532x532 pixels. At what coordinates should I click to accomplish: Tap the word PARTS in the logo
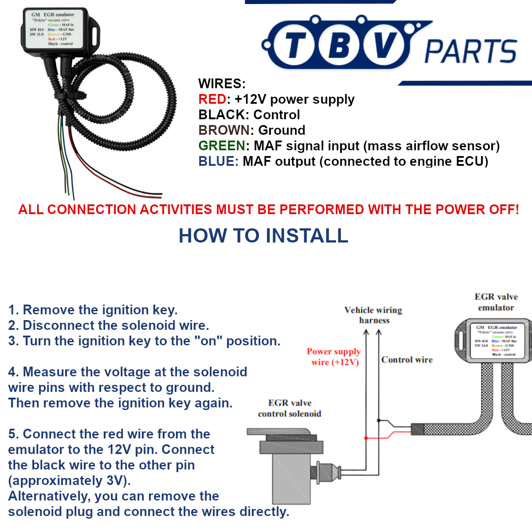[471, 51]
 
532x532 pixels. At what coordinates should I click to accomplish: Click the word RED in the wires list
[212, 99]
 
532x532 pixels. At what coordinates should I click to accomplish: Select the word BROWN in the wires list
[224, 130]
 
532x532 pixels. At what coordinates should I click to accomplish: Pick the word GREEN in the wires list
[222, 146]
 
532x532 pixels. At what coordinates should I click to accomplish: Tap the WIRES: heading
[222, 84]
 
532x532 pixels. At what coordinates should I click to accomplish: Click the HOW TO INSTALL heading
[263, 235]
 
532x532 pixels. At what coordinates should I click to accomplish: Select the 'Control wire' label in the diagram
[407, 360]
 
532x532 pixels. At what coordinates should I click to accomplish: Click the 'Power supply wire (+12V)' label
[334, 357]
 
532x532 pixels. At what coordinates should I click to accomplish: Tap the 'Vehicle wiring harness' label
[373, 315]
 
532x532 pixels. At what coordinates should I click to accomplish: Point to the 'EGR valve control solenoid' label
[289, 408]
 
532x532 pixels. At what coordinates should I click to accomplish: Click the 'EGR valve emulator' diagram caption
[496, 302]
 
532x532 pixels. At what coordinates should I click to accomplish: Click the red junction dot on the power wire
[366, 438]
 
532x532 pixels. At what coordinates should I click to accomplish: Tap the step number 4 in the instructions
[12, 372]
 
